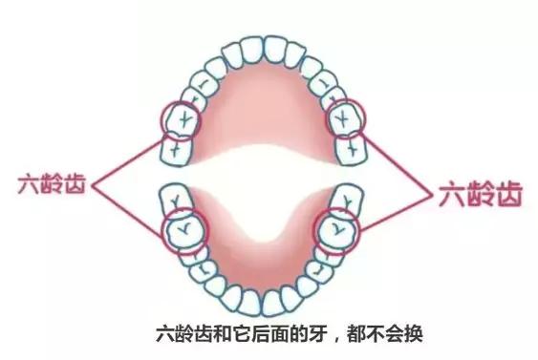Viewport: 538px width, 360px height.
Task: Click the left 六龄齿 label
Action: coord(49,182)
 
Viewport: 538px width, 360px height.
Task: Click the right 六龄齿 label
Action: coord(481,197)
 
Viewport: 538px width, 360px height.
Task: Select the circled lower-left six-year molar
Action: coord(183,229)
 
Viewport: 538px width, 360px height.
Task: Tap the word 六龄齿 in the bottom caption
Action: coord(179,335)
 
